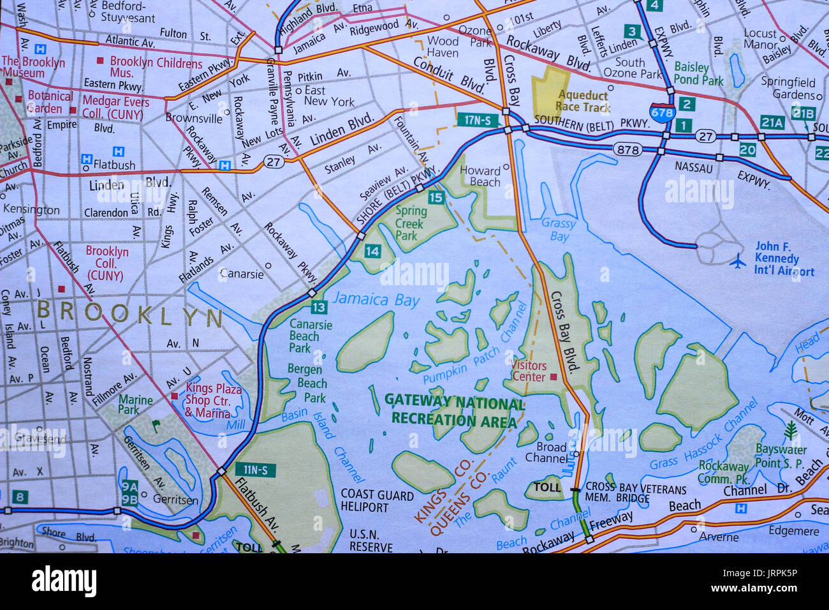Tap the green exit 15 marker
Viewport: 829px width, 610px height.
[x=436, y=197]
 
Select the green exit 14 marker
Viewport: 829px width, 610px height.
[x=372, y=251]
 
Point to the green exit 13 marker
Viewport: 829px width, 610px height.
[x=319, y=308]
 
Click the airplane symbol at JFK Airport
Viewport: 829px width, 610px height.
[x=738, y=261]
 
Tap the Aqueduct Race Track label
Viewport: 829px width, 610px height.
[x=582, y=101]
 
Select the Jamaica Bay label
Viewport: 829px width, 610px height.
[x=376, y=299]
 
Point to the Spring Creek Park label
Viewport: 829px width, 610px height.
[x=410, y=223]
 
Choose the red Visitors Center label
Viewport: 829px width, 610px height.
[x=529, y=371]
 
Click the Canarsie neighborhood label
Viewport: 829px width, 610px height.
[x=241, y=274]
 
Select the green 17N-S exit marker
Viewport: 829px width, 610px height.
[x=478, y=119]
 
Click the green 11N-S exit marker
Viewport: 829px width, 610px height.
[x=255, y=470]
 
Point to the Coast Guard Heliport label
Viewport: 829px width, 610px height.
[x=377, y=501]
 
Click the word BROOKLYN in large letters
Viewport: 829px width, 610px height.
[x=129, y=315]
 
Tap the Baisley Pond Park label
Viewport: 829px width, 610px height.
[x=698, y=73]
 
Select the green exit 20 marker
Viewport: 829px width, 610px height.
[x=747, y=150]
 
